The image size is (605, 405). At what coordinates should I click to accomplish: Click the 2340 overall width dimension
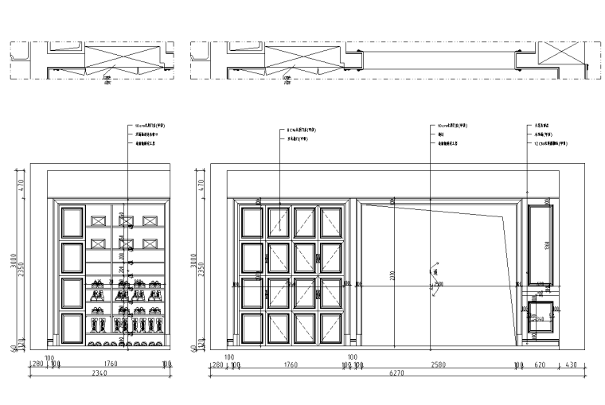[x=100, y=372]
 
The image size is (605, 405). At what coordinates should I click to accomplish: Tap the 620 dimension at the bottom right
[x=540, y=364]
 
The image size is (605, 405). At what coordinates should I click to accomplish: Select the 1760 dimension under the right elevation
[x=290, y=364]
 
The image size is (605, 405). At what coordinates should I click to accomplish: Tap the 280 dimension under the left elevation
[x=37, y=364]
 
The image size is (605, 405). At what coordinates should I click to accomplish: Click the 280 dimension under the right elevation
[x=216, y=364]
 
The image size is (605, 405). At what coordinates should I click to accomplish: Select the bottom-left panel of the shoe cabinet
[x=72, y=328]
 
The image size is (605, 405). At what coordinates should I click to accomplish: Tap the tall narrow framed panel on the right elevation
[x=541, y=244]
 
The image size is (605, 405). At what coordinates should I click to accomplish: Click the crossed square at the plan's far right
[x=560, y=54]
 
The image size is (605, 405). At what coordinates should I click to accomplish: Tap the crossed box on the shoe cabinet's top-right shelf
[x=150, y=220]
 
